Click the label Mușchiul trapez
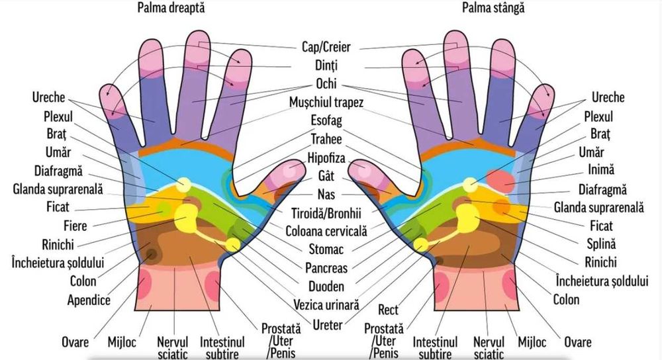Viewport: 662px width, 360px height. [326, 103]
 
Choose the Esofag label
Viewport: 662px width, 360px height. [326, 122]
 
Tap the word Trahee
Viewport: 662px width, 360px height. [326, 140]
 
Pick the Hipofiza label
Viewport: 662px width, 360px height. [326, 158]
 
